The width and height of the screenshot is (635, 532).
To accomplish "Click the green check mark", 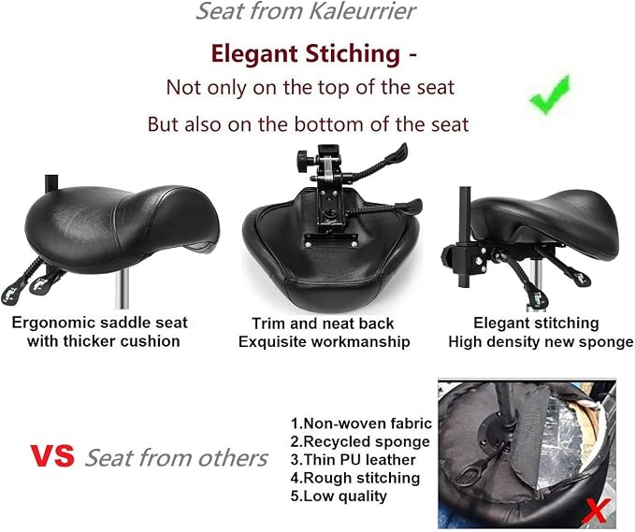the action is tap(550, 95).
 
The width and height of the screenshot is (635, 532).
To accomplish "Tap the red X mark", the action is tap(596, 511).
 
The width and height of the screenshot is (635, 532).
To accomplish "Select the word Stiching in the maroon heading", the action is tap(353, 53).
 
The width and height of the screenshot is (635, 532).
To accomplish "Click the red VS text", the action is tap(52, 456).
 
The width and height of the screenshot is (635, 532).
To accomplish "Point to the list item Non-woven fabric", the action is tap(361, 424).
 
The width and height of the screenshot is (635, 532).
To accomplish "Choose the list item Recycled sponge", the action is tap(360, 441).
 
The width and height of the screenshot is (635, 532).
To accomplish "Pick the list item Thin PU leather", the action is tap(354, 460).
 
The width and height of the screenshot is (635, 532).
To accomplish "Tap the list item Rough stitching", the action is tap(355, 478).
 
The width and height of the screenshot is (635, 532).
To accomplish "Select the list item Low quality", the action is tap(339, 496).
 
